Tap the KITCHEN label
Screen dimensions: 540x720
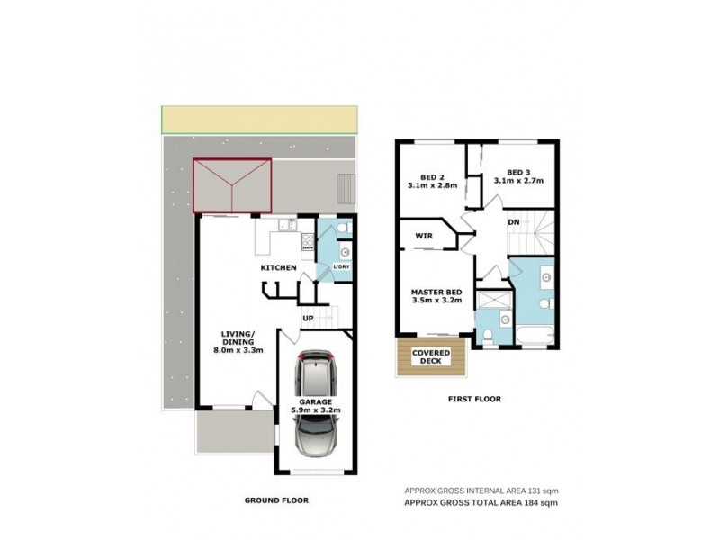pyautogui.click(x=279, y=268)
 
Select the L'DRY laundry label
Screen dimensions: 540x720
pyautogui.click(x=342, y=268)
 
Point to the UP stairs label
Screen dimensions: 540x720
pyautogui.click(x=308, y=319)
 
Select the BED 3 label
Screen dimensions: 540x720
pyautogui.click(x=518, y=172)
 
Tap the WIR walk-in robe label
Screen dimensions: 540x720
pyautogui.click(x=425, y=237)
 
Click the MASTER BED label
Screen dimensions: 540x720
pyautogui.click(x=436, y=291)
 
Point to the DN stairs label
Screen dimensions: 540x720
pyautogui.click(x=512, y=222)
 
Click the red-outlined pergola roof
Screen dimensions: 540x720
pyautogui.click(x=232, y=186)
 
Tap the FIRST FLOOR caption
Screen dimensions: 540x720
pyautogui.click(x=472, y=398)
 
